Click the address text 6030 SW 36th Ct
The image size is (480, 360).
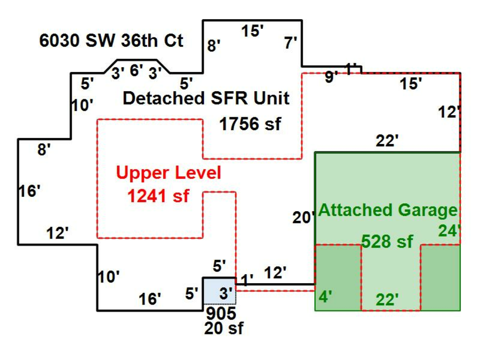111,41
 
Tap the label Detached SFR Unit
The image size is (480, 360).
206,99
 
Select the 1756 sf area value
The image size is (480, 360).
250,125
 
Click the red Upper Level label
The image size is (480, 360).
168,173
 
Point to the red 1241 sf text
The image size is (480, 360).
158,196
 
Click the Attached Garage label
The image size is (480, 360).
387,210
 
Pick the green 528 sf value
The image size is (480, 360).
387,242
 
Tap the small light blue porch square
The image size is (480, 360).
219,291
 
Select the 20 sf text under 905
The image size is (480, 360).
223,328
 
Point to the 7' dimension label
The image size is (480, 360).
291,43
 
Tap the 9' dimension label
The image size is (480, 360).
331,78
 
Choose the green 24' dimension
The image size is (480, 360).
449,231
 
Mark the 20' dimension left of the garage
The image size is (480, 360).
302,218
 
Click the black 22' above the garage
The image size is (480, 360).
387,141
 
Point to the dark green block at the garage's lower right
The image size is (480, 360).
441,277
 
